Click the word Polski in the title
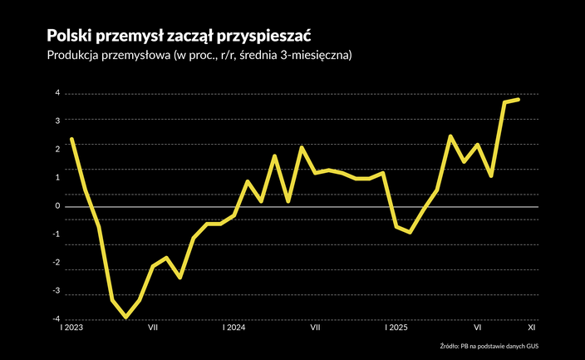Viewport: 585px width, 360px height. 68,35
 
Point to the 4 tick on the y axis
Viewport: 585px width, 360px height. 57,93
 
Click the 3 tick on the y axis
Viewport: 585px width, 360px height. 57,121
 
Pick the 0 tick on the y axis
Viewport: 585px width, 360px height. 57,206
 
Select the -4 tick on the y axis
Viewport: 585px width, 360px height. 56,318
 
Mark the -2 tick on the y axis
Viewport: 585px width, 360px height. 56,262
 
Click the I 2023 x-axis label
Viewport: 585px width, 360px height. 71,328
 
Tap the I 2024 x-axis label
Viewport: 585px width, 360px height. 234,328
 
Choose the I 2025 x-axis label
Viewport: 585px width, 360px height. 396,328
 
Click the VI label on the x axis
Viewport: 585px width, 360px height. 478,328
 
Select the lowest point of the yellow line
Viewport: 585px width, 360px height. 125,318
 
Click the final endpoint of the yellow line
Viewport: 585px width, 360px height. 519,100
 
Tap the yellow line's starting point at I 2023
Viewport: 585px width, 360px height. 71,139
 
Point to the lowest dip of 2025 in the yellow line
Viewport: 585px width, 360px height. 410,232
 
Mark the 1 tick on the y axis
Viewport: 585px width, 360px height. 57,177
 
